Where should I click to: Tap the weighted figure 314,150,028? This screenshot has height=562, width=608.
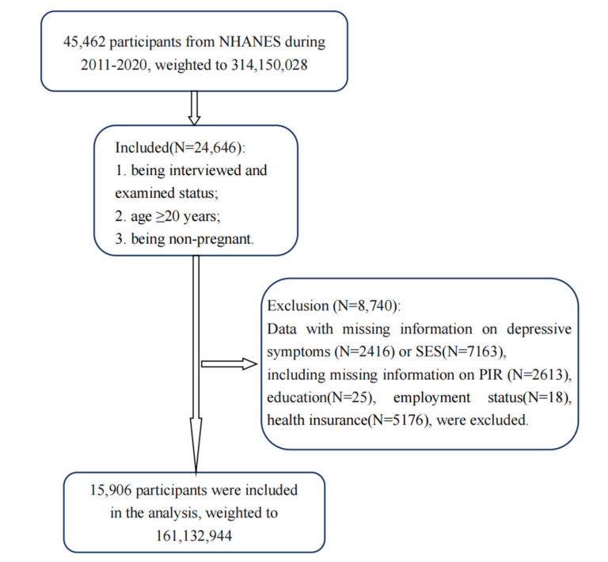click(269, 63)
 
